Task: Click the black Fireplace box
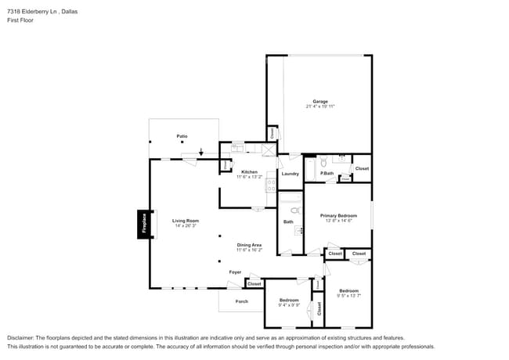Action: pyautogui.click(x=144, y=224)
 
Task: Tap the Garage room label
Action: pyautogui.click(x=320, y=101)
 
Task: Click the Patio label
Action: pyautogui.click(x=182, y=136)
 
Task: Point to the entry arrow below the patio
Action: pyautogui.click(x=201, y=153)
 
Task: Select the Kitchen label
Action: pyautogui.click(x=249, y=171)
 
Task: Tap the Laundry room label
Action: pyautogui.click(x=290, y=173)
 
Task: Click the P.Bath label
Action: pyautogui.click(x=327, y=173)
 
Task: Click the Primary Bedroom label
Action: pyautogui.click(x=338, y=215)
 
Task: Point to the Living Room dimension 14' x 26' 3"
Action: pyautogui.click(x=186, y=226)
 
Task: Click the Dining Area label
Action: pyautogui.click(x=249, y=245)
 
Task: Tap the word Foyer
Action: pyautogui.click(x=235, y=272)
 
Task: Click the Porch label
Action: pyautogui.click(x=242, y=301)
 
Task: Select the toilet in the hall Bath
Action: pyautogui.click(x=295, y=211)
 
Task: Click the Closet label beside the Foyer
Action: pyautogui.click(x=254, y=283)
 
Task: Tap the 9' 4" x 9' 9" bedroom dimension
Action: pyautogui.click(x=289, y=306)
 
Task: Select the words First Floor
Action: pyautogui.click(x=20, y=20)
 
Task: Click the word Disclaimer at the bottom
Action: pyautogui.click(x=23, y=338)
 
